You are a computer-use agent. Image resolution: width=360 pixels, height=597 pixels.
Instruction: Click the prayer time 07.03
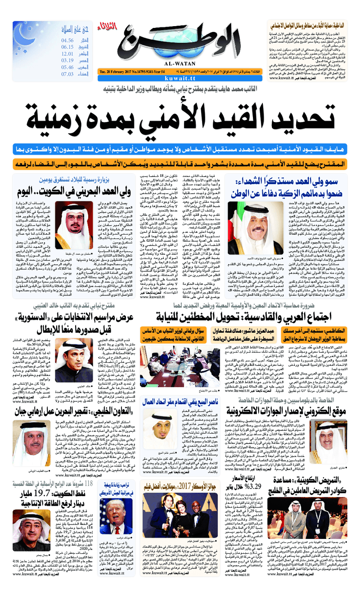pyautogui.click(x=67, y=74)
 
